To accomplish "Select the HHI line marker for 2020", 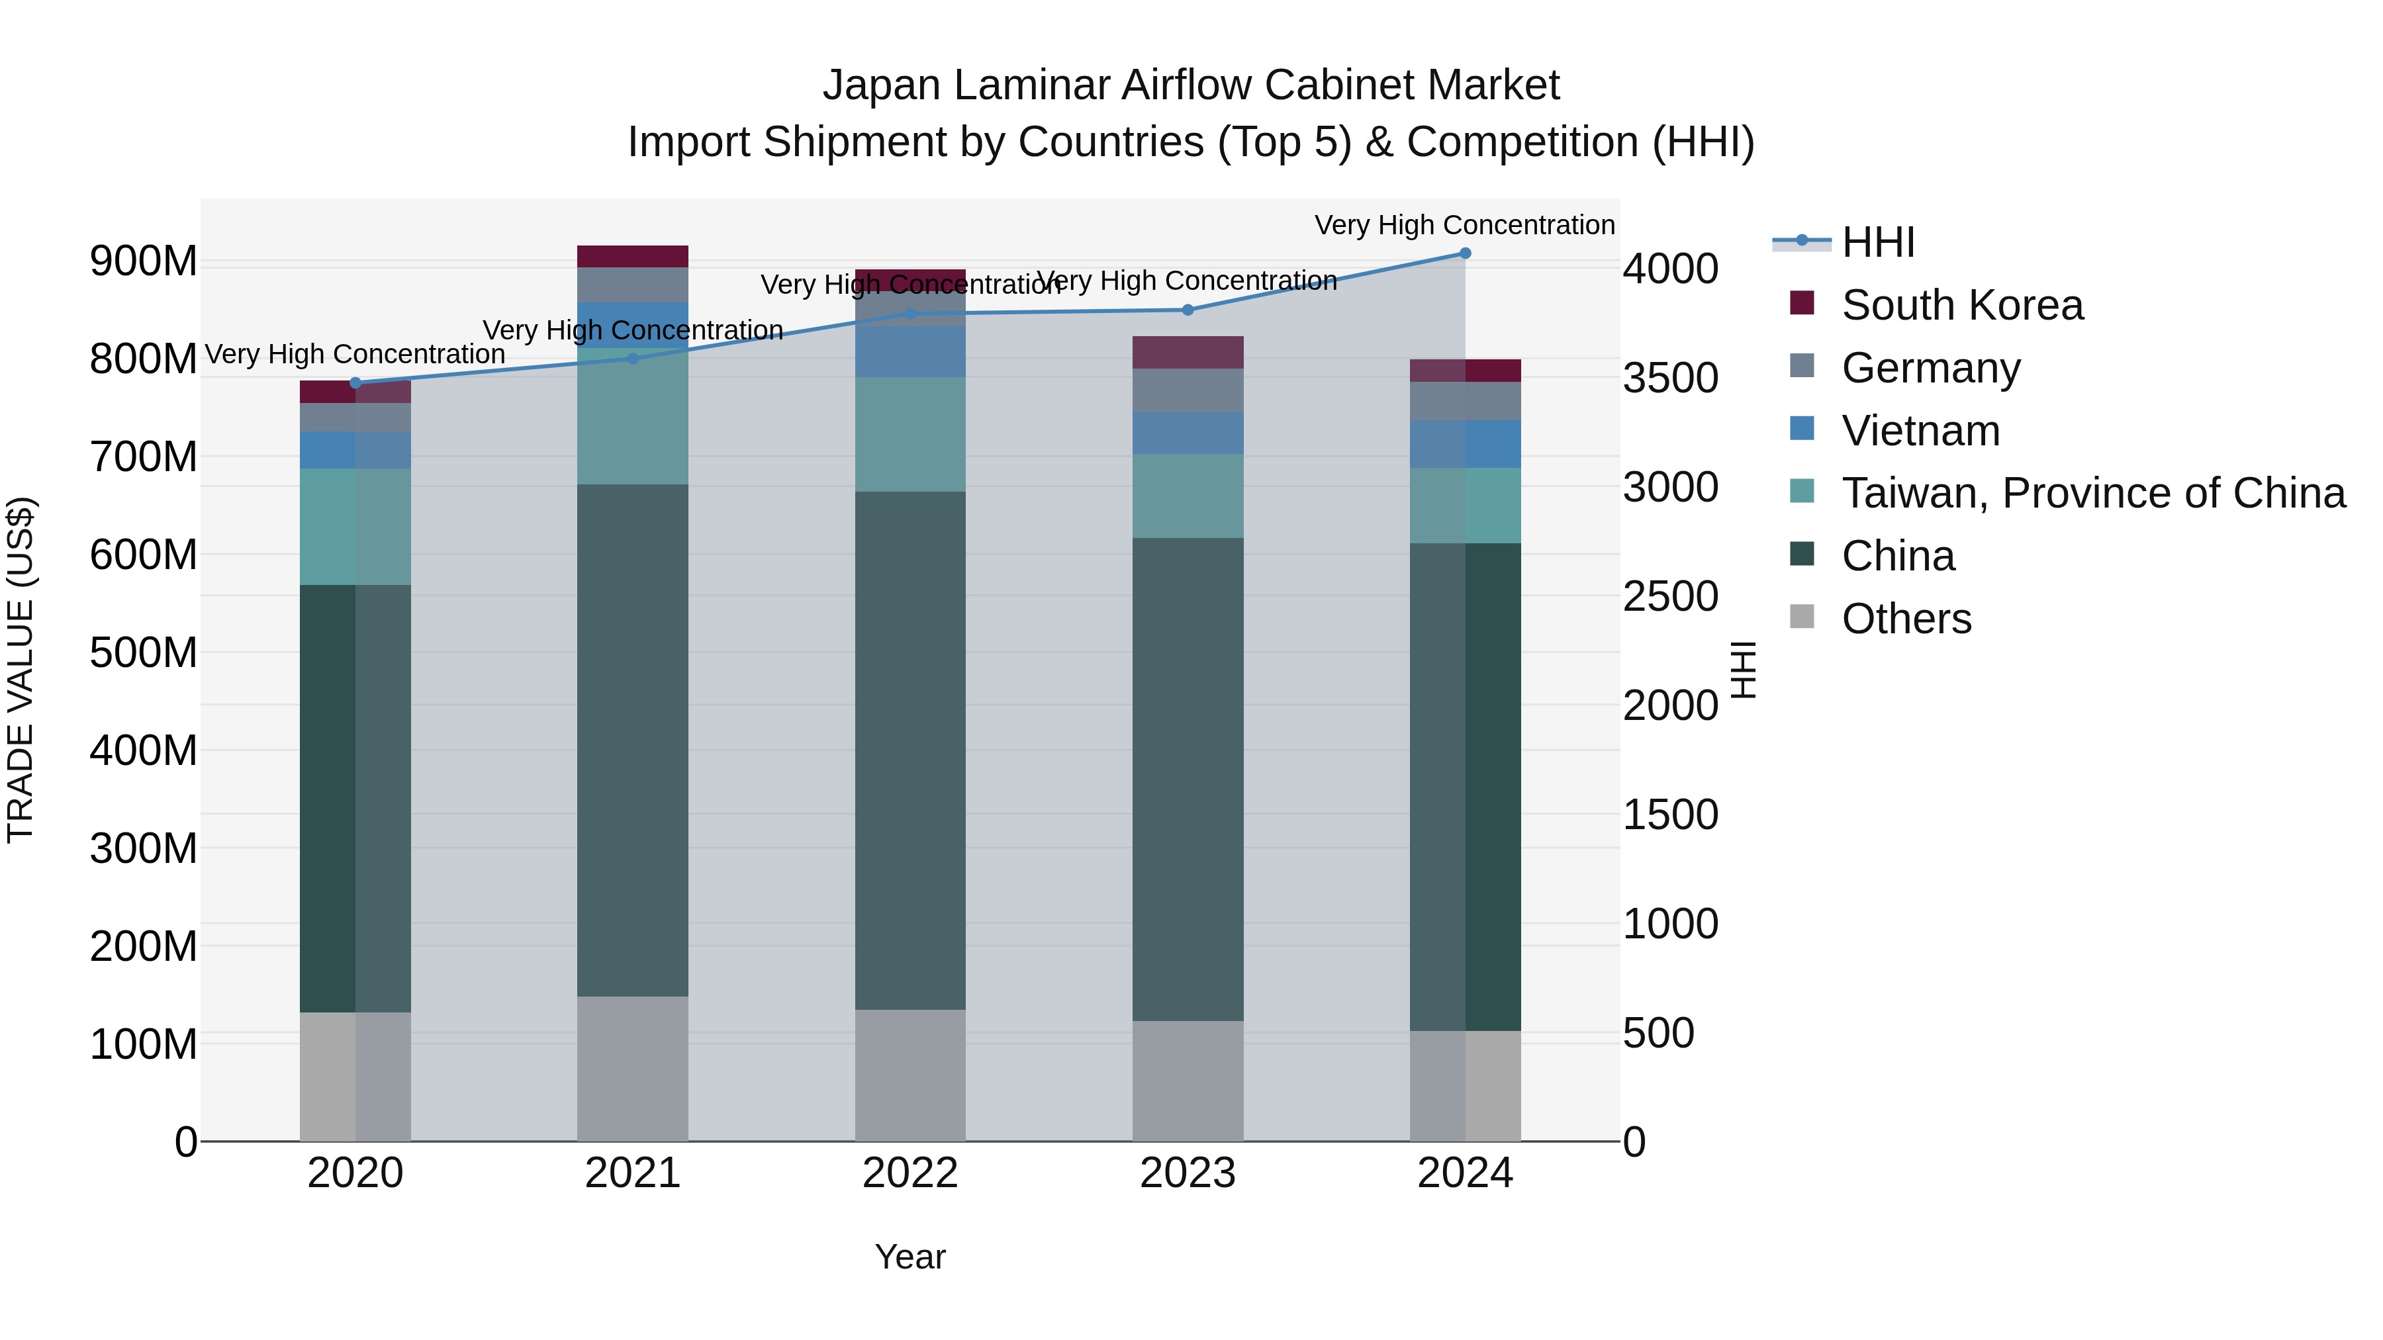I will coord(355,383).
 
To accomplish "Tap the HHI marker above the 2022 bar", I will coord(910,314).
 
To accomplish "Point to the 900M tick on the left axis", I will coord(144,261).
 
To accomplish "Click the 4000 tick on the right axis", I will coord(1671,269).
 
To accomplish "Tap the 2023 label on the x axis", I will coord(1188,1173).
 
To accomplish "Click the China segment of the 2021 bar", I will coord(633,740).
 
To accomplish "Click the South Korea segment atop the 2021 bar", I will coord(633,256).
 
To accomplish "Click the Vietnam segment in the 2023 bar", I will coord(1188,433).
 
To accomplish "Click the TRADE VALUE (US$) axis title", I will coord(21,670).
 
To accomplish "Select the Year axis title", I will coord(910,1257).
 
